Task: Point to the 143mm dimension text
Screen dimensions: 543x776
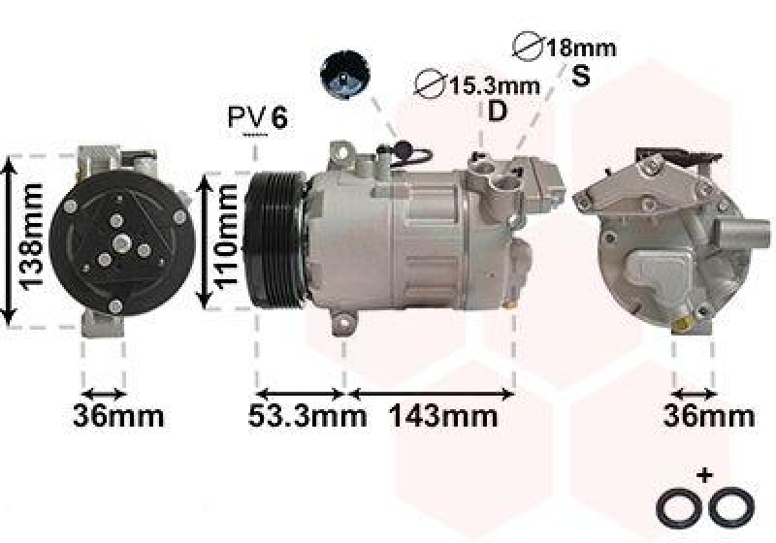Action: (443, 417)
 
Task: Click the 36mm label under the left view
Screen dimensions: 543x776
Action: (118, 417)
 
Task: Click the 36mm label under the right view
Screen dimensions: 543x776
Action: (708, 417)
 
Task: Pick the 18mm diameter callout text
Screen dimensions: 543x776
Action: (566, 47)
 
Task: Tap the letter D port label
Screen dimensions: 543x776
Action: (497, 112)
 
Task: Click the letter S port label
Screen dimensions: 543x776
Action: (580, 76)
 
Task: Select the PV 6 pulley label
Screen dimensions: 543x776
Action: (258, 118)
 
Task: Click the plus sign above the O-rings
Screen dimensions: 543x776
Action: (705, 476)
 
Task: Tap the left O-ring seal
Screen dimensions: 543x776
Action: (674, 505)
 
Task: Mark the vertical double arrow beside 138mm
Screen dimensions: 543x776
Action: (9, 240)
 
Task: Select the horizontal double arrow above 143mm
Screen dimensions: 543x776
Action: (431, 394)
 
